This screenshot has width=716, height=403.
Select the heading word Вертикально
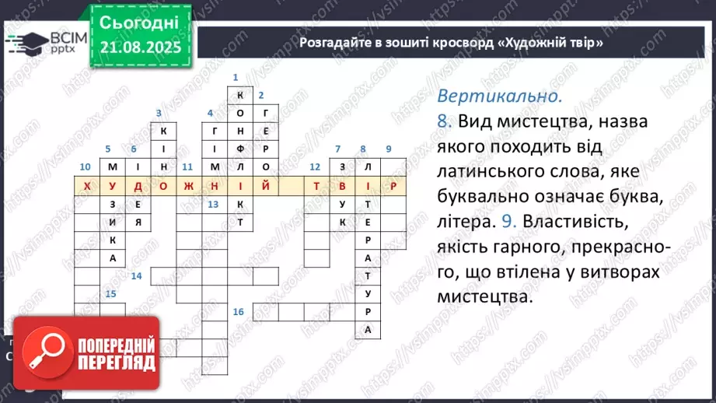click(499, 97)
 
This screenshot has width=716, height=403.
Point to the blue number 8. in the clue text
click(445, 122)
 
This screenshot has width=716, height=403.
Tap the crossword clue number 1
click(235, 77)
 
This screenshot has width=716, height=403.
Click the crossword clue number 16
click(238, 312)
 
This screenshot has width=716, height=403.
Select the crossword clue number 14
click(136, 276)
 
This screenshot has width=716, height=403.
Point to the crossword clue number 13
click(213, 204)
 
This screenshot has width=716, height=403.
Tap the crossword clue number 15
click(110, 294)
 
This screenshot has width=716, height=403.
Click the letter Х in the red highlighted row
click(86, 186)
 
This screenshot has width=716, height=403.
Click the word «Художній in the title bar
click(525, 42)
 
